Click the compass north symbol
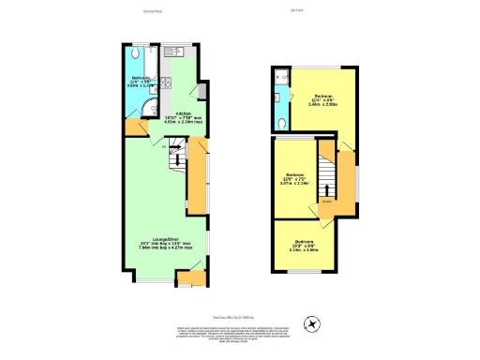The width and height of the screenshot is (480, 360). tap(314, 322)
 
